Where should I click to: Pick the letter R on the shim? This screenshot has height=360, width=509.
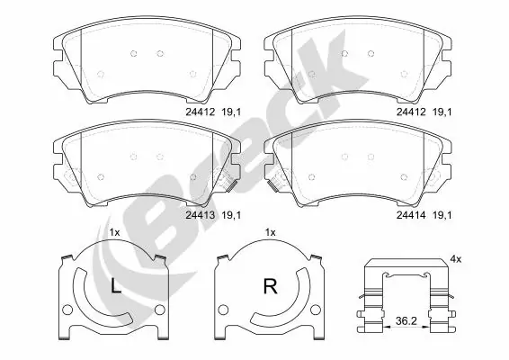(268, 288)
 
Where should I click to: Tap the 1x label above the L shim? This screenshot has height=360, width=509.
(114, 233)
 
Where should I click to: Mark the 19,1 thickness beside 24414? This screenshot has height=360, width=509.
(442, 215)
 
